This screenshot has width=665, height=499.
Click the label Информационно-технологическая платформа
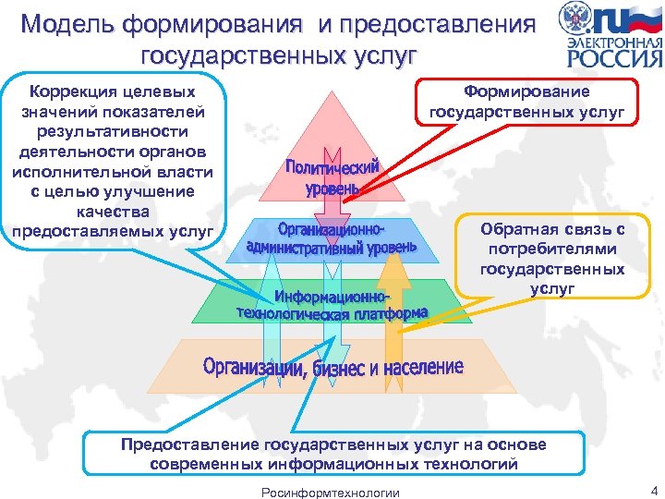click(x=332, y=304)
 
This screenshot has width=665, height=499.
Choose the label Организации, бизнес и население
click(x=333, y=368)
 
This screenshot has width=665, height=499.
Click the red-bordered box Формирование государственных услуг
click(x=526, y=103)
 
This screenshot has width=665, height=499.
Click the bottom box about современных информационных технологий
click(x=332, y=454)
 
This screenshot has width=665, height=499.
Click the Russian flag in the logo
click(x=643, y=18)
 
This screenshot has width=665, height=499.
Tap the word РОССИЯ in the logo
click(x=613, y=58)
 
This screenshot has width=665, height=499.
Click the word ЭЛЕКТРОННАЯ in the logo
click(x=613, y=42)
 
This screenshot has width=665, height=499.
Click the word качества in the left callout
click(x=113, y=212)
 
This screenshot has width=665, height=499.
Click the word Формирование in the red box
click(x=526, y=92)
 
